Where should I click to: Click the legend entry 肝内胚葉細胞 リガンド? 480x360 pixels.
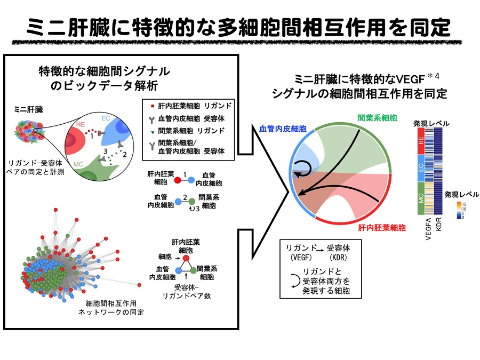click(190, 106)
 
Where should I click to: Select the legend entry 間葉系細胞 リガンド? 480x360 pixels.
click(190, 130)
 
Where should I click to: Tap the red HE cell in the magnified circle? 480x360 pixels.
click(77, 140)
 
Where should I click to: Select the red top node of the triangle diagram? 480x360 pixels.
click(186, 259)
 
